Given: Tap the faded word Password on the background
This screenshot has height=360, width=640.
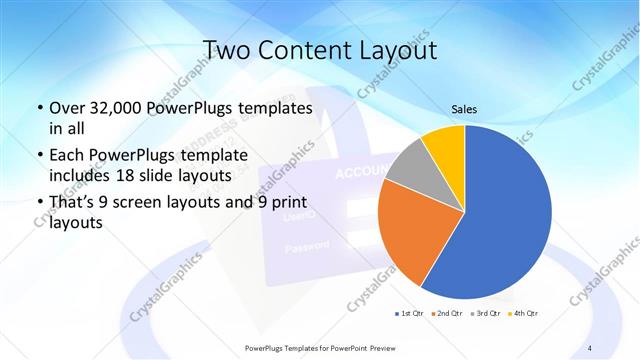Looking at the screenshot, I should pos(307,246).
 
